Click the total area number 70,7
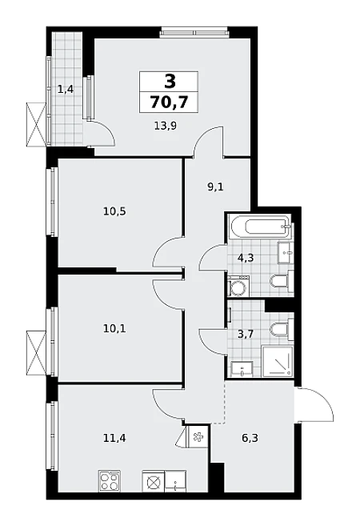click(x=169, y=102)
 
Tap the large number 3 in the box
click(x=170, y=81)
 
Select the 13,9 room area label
click(x=166, y=126)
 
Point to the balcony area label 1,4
click(x=66, y=90)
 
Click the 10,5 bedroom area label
click(x=114, y=211)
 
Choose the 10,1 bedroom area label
click(x=114, y=328)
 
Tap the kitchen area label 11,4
click(x=114, y=438)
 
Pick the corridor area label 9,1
click(x=215, y=187)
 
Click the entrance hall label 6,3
click(x=250, y=438)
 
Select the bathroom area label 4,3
click(x=246, y=259)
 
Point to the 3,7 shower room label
click(x=246, y=334)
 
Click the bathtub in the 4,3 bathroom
click(x=260, y=227)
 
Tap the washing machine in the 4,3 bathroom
click(x=238, y=287)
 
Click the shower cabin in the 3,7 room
click(x=278, y=361)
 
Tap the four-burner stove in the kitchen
click(x=110, y=481)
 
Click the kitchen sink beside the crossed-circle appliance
click(x=176, y=481)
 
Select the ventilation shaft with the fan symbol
click(x=198, y=436)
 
